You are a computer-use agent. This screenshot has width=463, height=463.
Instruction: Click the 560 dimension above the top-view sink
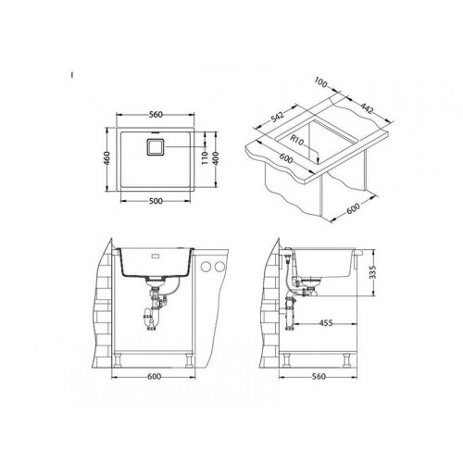click(x=156, y=115)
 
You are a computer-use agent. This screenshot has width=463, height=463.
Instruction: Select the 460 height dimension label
click(x=106, y=158)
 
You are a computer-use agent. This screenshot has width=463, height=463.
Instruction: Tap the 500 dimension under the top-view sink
click(x=156, y=201)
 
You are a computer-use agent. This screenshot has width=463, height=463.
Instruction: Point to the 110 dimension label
click(x=205, y=158)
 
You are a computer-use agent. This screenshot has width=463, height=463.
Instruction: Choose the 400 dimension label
click(x=216, y=158)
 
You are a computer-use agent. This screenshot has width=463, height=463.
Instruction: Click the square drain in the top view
click(x=155, y=147)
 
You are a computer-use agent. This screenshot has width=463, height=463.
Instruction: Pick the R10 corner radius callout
click(x=297, y=141)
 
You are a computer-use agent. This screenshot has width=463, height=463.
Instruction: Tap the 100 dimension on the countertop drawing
click(x=321, y=82)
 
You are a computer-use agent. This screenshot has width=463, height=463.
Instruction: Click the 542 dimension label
click(x=277, y=117)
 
